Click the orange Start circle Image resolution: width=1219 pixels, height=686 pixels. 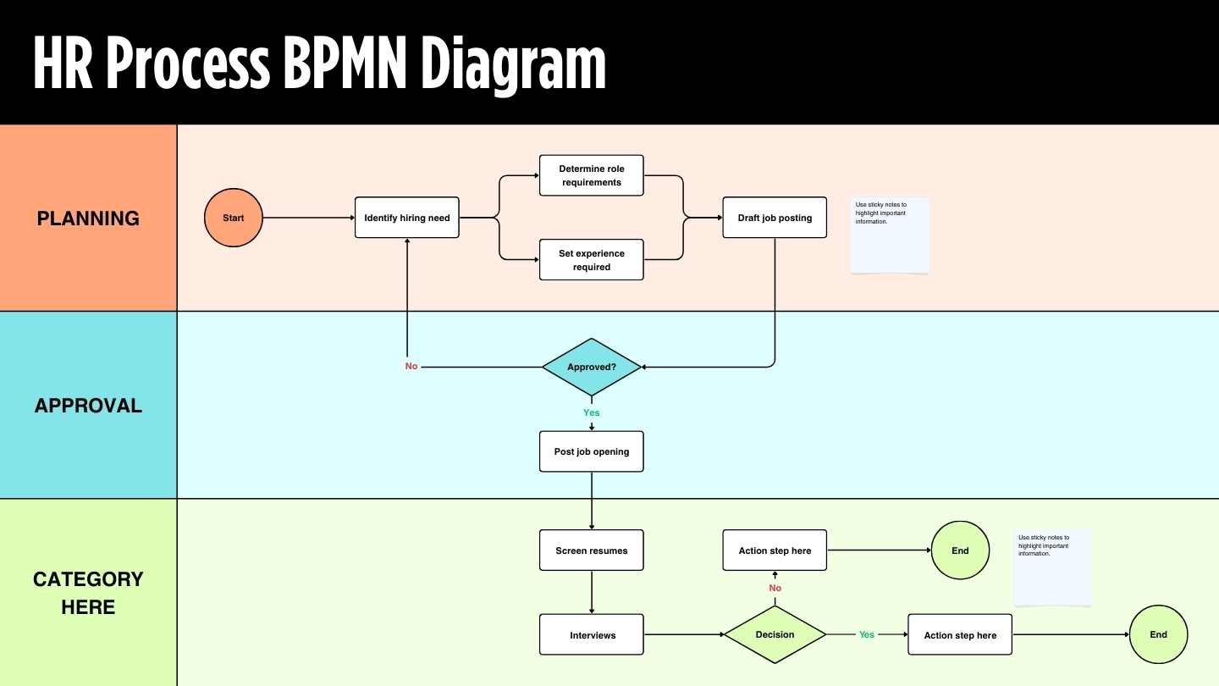[x=234, y=218]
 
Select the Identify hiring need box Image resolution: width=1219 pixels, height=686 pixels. [x=407, y=218]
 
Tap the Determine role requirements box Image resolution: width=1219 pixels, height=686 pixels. [x=592, y=175]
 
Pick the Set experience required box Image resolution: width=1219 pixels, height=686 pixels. [x=592, y=260]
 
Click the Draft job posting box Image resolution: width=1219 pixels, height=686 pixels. [x=775, y=218]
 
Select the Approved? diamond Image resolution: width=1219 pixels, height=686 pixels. [x=592, y=367]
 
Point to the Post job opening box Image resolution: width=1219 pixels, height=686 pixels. [x=592, y=451]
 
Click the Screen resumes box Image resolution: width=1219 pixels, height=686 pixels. [x=592, y=550]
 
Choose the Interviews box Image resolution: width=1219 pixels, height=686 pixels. [x=592, y=635]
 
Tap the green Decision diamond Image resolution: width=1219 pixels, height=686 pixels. [x=775, y=634]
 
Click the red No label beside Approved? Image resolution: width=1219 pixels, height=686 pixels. [x=411, y=367]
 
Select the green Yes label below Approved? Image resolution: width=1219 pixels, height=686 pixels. [x=592, y=413]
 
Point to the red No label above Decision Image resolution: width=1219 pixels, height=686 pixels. [x=775, y=588]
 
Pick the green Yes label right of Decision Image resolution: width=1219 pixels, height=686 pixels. [x=867, y=634]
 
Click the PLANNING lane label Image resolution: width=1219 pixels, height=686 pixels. [x=88, y=219]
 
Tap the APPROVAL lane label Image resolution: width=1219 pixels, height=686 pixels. [x=88, y=406]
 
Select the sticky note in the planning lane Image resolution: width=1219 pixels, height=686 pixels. [x=890, y=235]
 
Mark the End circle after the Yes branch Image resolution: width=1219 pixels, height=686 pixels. [x=1158, y=634]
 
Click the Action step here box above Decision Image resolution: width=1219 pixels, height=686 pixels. [x=775, y=550]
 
